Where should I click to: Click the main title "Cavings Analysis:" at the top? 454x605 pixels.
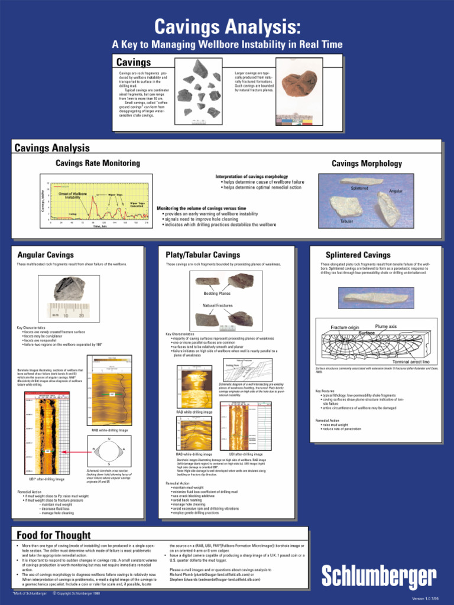227,27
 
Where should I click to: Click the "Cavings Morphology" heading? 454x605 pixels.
367,164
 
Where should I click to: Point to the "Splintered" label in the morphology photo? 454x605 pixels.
359,188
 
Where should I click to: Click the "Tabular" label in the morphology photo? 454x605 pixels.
346,221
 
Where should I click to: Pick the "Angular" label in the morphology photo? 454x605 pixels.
395,191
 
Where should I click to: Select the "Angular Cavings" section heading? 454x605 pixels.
46,255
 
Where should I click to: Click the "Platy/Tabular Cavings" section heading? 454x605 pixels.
203,255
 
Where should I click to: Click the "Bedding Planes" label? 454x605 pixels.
217,293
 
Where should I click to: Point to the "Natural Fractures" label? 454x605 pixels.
218,305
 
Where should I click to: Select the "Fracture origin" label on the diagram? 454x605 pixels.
345,327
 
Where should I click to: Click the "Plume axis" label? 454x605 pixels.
385,326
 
